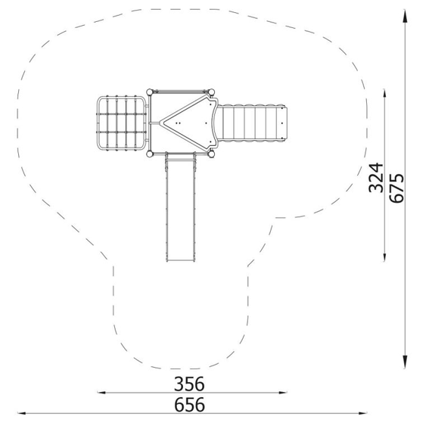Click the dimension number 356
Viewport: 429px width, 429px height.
pyautogui.click(x=189, y=384)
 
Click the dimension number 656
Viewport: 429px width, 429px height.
pyautogui.click(x=189, y=404)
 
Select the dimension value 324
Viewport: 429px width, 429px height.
pyautogui.click(x=375, y=178)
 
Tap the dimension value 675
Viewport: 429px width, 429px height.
pyautogui.click(x=396, y=188)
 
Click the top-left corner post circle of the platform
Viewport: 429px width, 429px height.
pyautogui.click(x=150, y=92)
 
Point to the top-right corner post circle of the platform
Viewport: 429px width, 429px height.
pyautogui.click(x=212, y=92)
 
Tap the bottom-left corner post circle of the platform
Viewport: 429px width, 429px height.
pyautogui.click(x=150, y=154)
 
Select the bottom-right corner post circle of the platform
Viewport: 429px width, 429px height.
pyautogui.click(x=212, y=154)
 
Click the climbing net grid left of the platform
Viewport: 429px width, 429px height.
pyautogui.click(x=121, y=123)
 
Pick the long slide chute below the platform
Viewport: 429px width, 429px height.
pyautogui.click(x=181, y=207)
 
